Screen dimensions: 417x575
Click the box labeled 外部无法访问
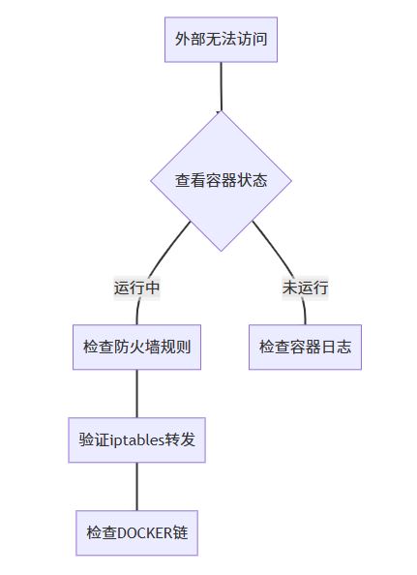click(x=221, y=40)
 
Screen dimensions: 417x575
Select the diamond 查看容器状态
click(x=221, y=181)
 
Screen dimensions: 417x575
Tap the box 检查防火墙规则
click(x=136, y=347)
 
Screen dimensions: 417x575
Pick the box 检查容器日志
click(x=305, y=347)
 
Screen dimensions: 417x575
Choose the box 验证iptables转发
click(x=136, y=439)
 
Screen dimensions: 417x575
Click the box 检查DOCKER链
click(x=136, y=532)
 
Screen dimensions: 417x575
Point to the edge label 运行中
click(x=136, y=287)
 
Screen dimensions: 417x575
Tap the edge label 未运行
click(x=305, y=287)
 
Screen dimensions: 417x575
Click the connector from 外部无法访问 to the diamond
click(x=221, y=86)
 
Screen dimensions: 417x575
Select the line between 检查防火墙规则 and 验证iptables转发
click(x=137, y=393)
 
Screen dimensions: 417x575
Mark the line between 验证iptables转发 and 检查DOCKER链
click(x=137, y=486)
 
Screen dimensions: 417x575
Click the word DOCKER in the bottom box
click(x=144, y=532)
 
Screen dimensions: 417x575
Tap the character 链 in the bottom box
click(x=180, y=532)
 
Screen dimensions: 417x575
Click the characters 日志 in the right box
click(x=336, y=347)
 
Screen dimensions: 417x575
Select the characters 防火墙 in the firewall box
click(x=136, y=347)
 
